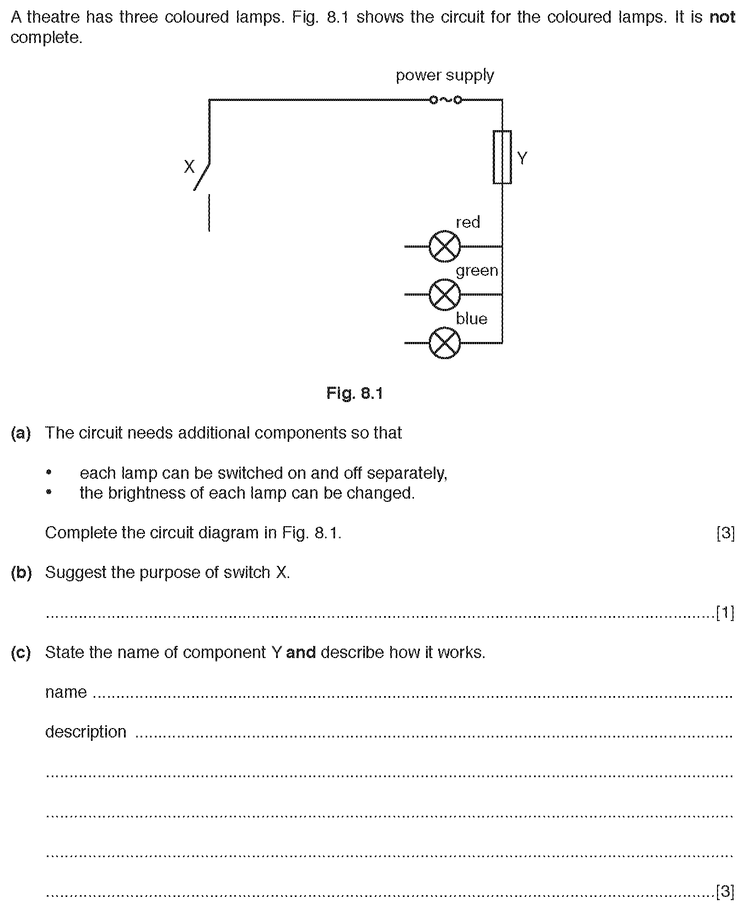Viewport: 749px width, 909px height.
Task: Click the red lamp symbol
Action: [x=444, y=247]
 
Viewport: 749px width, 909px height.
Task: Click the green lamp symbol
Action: [x=444, y=295]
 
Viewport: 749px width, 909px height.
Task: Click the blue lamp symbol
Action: [x=444, y=343]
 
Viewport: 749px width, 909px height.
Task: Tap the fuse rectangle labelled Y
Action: [x=502, y=157]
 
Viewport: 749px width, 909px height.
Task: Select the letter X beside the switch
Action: [x=189, y=167]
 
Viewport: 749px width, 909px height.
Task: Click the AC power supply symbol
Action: [x=445, y=100]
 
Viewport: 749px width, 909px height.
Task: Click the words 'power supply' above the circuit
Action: [x=445, y=75]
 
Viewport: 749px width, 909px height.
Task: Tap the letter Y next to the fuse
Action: [x=522, y=158]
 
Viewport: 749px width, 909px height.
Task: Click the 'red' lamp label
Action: [x=468, y=222]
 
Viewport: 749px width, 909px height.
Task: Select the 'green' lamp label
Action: [x=477, y=270]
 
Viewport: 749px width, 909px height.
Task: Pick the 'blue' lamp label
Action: [x=471, y=318]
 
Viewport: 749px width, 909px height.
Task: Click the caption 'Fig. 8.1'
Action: [x=354, y=393]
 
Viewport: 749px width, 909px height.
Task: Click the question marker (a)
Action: [x=21, y=433]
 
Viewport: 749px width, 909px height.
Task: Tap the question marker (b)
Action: [x=21, y=573]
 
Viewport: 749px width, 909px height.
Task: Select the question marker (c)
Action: [x=21, y=653]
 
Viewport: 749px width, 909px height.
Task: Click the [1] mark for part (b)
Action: [x=725, y=612]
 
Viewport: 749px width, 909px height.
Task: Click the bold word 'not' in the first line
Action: [x=722, y=17]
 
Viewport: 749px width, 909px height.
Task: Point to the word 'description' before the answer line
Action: [x=85, y=732]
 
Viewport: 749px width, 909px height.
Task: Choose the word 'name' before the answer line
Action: [x=66, y=692]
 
